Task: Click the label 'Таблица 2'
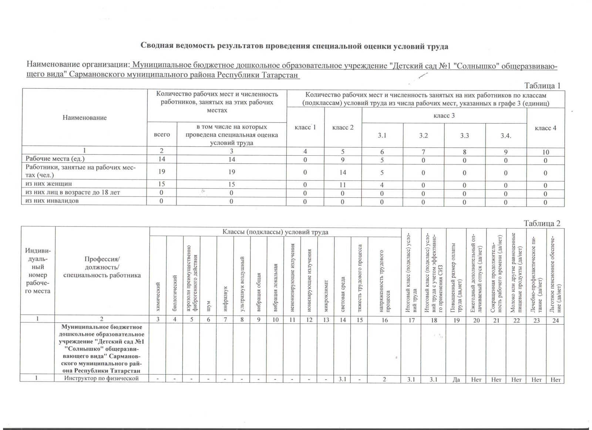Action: pos(542,223)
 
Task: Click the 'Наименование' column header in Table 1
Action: pos(84,118)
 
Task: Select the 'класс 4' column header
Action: pos(545,128)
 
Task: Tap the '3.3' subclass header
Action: pos(465,135)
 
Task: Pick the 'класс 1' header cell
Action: pos(305,128)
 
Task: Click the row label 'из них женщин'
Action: pos(48,184)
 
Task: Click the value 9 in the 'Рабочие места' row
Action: pos(343,160)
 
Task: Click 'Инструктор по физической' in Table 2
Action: pos(101,378)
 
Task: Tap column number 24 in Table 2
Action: pos(555,320)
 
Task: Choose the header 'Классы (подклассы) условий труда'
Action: pos(275,232)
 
